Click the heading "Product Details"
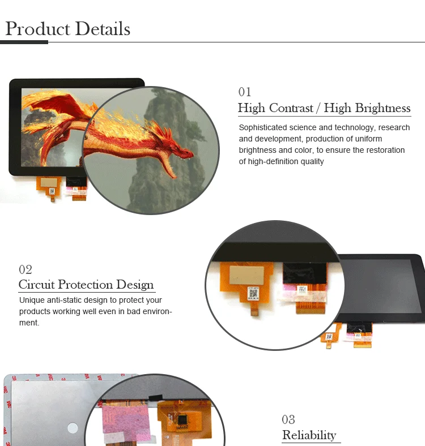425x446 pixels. pos(68,29)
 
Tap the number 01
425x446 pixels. pos(245,92)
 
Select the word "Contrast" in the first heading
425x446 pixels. pos(291,108)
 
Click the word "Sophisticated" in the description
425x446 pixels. pos(262,127)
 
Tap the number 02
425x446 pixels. pos(25,269)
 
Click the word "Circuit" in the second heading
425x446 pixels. pos(36,285)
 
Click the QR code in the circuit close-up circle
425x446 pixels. pos(253,293)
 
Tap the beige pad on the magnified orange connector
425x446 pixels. pos(246,275)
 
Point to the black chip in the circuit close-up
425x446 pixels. pos(304,273)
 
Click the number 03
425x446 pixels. pos(288,419)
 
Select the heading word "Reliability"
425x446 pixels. pos(309,435)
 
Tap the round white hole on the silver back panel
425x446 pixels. pos(73,428)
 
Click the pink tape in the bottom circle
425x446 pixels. pos(125,421)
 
